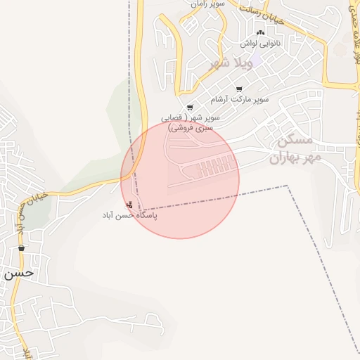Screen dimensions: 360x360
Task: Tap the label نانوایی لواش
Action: pos(261,44)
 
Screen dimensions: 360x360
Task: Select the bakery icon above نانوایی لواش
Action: pos(261,32)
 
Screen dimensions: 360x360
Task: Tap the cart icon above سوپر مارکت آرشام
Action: pos(240,89)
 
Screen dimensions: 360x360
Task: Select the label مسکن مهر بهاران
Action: pos(295,148)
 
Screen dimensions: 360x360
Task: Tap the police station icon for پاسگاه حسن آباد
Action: pos(128,205)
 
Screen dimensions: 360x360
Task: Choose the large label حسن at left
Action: pos(19,274)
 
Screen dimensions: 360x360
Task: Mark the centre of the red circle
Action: pos(180,179)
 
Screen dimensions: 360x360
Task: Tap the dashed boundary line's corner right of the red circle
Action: pos(287,186)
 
